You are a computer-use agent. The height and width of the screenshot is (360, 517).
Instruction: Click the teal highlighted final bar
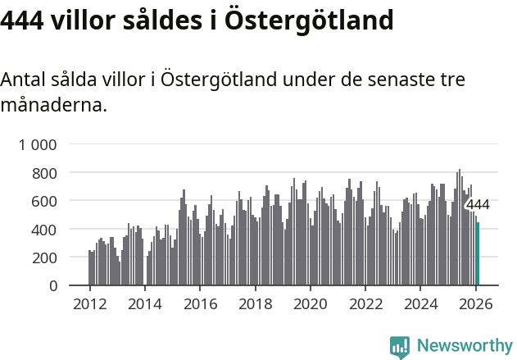478,254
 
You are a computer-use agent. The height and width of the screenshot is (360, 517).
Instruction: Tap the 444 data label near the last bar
478,205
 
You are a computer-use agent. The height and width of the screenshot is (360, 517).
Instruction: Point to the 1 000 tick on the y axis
38,145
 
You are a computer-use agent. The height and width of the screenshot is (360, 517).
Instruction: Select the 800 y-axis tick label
44,173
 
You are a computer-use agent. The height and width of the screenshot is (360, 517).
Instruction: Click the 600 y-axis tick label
44,201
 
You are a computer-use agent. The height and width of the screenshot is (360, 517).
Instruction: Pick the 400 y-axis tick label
44,230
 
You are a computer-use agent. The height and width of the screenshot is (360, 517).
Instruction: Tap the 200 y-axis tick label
44,257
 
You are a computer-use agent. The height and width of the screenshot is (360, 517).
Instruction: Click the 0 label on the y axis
52,285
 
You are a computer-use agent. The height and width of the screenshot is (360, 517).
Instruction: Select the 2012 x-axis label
89,304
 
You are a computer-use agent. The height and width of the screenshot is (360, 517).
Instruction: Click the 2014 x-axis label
145,304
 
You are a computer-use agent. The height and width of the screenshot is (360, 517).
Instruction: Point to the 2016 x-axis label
200,304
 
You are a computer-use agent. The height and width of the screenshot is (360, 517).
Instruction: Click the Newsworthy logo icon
400,346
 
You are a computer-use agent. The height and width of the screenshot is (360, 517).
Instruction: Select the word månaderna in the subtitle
53,105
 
